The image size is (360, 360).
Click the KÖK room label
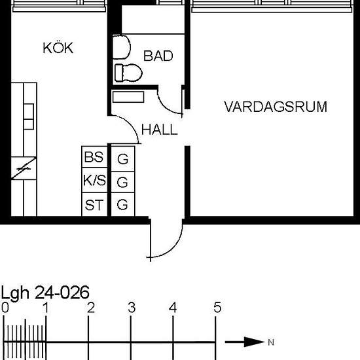58,48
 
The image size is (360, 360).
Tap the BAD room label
158,56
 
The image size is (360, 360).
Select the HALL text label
159,130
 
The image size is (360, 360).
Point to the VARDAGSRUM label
275,107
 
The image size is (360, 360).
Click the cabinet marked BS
94,157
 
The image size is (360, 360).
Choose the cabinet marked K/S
94,180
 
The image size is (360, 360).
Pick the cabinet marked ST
94,205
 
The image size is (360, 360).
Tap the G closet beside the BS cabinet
122,158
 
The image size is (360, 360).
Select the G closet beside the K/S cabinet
122,181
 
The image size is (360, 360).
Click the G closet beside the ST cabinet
122,205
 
